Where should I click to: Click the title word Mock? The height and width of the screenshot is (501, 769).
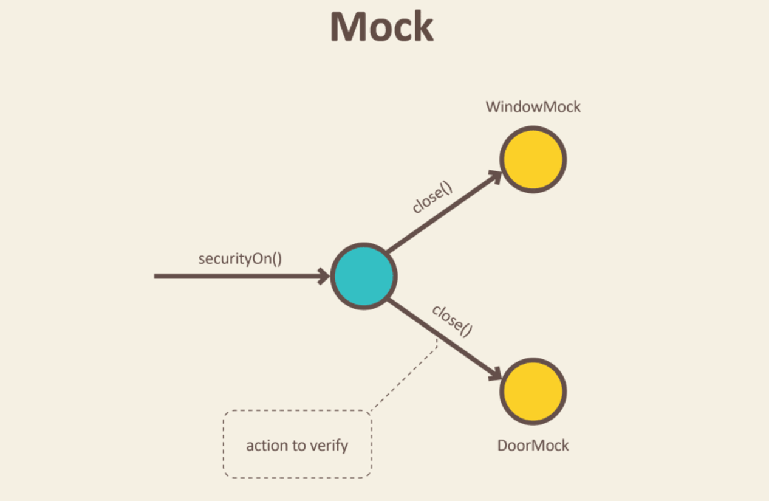click(x=382, y=27)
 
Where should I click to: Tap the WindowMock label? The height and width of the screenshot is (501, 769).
click(x=533, y=107)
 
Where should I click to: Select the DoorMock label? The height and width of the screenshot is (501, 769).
click(x=533, y=446)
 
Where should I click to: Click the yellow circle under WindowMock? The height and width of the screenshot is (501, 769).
click(x=533, y=159)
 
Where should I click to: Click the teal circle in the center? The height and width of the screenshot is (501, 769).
click(x=363, y=277)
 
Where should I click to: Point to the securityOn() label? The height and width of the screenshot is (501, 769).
click(x=240, y=258)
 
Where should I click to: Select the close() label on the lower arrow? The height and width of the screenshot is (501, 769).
click(x=452, y=320)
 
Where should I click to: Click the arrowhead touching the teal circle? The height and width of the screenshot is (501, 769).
click(x=323, y=277)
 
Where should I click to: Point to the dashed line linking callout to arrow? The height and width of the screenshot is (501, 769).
click(x=405, y=375)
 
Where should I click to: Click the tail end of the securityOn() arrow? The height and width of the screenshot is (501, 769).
click(x=157, y=277)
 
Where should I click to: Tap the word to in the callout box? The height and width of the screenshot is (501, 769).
click(x=299, y=446)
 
